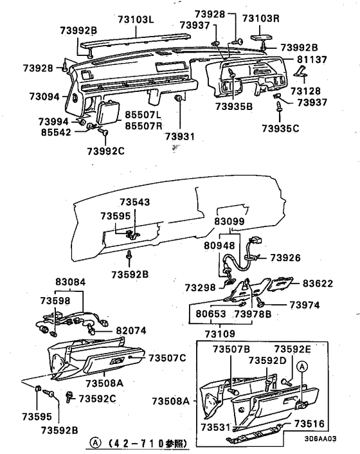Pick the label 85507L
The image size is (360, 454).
click(x=143, y=114)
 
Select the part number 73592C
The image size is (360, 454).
click(x=97, y=399)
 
